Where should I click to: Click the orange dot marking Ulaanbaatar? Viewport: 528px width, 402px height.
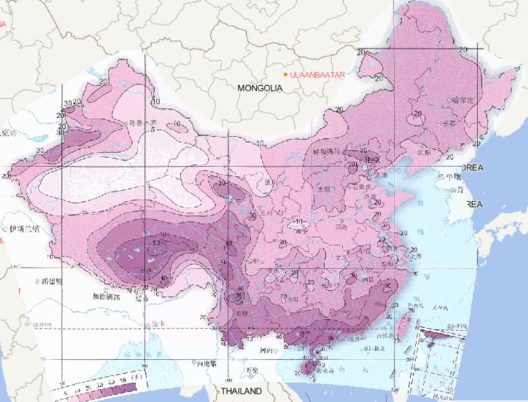tap(285, 74)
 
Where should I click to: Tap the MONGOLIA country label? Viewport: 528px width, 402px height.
tap(261, 88)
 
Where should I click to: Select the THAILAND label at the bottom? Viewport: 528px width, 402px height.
tap(241, 391)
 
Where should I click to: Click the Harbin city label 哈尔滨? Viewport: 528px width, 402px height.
tap(463, 100)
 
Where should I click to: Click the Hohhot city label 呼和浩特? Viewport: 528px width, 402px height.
tap(324, 151)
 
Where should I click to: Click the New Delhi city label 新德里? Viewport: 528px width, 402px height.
tap(52, 282)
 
